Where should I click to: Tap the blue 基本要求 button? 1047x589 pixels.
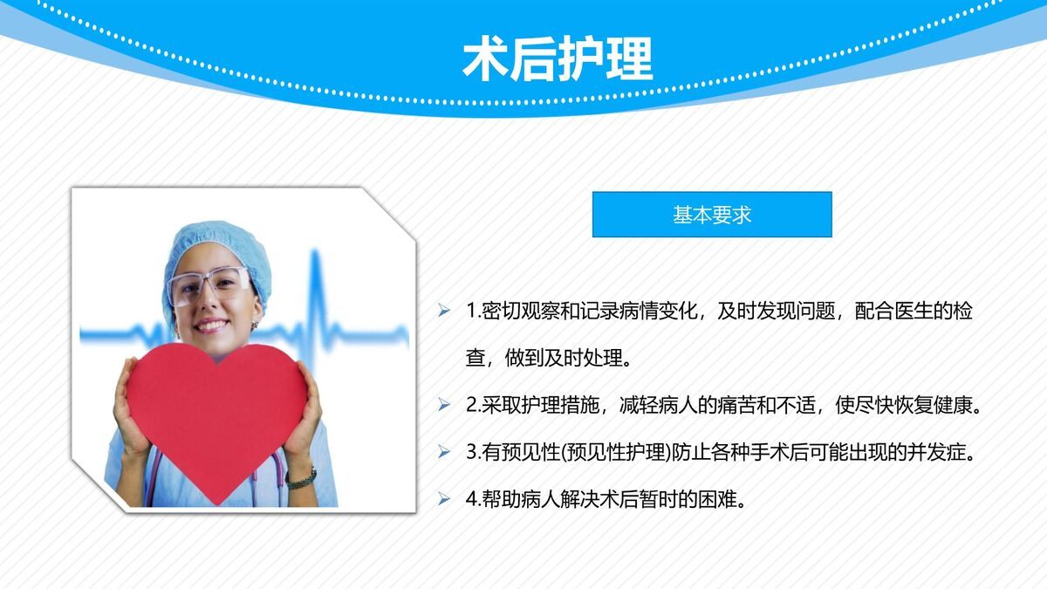click(x=712, y=215)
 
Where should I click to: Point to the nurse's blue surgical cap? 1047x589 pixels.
click(x=214, y=244)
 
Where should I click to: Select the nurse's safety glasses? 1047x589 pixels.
click(x=210, y=284)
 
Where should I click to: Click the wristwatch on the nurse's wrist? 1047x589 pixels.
click(x=301, y=477)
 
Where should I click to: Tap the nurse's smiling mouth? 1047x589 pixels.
click(x=213, y=325)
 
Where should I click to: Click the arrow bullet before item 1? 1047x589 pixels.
click(x=444, y=312)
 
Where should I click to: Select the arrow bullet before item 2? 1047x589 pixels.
click(x=444, y=406)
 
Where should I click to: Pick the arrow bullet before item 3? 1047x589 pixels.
click(x=444, y=453)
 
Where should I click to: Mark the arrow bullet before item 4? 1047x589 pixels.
click(x=444, y=500)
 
